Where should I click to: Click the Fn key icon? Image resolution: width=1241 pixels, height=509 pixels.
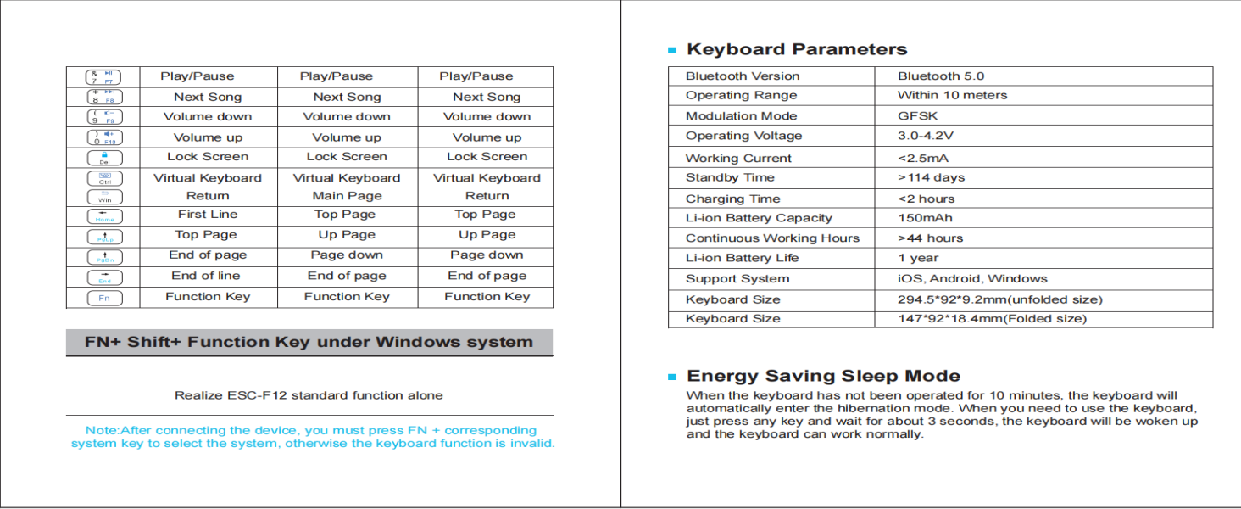[x=104, y=298]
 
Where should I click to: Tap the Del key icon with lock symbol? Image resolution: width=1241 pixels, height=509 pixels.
[x=104, y=158]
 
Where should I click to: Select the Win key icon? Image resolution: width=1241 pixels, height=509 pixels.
[x=104, y=197]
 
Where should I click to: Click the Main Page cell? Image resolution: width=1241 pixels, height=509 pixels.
[x=347, y=196]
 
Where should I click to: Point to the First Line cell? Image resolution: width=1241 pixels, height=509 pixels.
[x=208, y=215]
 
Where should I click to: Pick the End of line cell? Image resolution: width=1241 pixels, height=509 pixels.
[x=206, y=276]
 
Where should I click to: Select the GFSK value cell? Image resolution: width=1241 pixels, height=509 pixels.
[x=918, y=116]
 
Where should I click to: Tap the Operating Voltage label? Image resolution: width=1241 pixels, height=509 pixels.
[x=743, y=136]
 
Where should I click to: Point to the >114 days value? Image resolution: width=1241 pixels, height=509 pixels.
[x=931, y=178]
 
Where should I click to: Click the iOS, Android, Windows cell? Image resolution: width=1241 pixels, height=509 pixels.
[x=972, y=279]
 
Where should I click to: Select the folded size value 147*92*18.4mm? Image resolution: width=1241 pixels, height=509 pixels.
[x=992, y=319]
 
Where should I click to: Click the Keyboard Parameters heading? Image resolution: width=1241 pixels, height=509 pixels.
[x=797, y=49]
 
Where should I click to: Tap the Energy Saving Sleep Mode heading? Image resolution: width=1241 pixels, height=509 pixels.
[x=823, y=376]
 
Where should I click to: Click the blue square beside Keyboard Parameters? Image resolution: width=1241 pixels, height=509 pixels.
[x=672, y=51]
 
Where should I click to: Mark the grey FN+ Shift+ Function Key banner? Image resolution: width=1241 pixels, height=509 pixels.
[x=309, y=343]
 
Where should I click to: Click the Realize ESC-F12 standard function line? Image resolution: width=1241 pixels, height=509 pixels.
[x=309, y=395]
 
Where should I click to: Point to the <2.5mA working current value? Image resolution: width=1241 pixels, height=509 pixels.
[x=923, y=159]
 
